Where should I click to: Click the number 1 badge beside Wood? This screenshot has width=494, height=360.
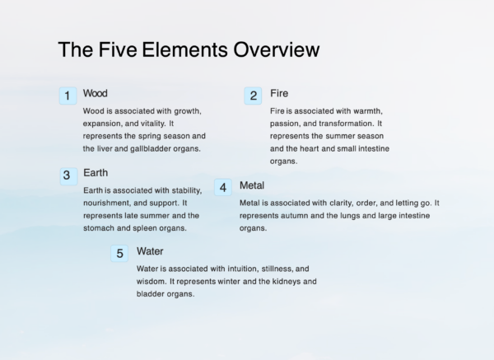pyautogui.click(x=67, y=96)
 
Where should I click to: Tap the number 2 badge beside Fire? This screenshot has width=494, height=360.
pyautogui.click(x=254, y=96)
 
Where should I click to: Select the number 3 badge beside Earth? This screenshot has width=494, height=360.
pyautogui.click(x=67, y=175)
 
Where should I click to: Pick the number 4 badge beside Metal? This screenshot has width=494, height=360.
pyautogui.click(x=223, y=188)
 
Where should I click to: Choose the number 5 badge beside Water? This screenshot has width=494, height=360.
pyautogui.click(x=119, y=254)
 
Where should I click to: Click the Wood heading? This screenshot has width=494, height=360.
pyautogui.click(x=96, y=93)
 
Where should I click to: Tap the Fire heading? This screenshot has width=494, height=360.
pyautogui.click(x=279, y=93)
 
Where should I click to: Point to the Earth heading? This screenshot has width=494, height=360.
pyautogui.click(x=96, y=173)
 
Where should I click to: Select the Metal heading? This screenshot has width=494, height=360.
pyautogui.click(x=252, y=185)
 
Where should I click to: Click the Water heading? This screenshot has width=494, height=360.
pyautogui.click(x=150, y=251)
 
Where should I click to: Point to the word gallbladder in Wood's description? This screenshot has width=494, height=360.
pyautogui.click(x=144, y=148)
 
